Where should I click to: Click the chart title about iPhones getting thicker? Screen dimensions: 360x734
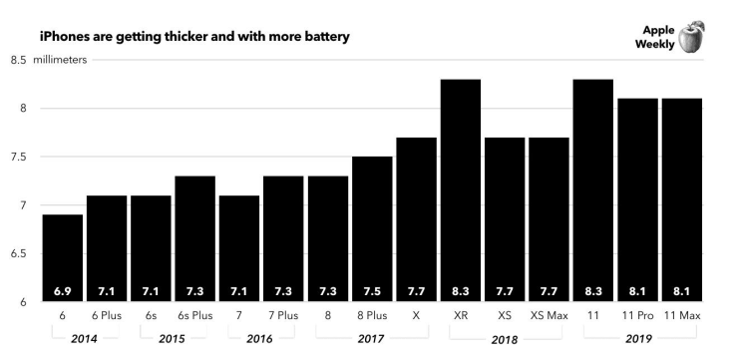tap(194, 36)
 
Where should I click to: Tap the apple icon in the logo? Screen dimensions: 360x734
tap(691, 38)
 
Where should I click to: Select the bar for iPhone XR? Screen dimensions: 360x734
tap(461, 189)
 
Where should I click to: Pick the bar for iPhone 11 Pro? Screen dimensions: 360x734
tap(636, 199)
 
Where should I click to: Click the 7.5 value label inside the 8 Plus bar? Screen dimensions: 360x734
tap(372, 292)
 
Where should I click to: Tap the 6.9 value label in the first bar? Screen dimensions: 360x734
tap(62, 292)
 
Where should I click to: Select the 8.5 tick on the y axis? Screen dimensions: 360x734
tap(18, 61)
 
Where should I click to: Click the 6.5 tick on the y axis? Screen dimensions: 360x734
tap(18, 254)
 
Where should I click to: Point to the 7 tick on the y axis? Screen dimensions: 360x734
tap(22, 205)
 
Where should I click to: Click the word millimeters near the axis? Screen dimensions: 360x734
tap(60, 61)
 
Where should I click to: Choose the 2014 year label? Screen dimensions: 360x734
tap(84, 339)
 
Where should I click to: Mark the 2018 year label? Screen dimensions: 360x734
tap(505, 340)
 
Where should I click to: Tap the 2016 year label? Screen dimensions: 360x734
tap(260, 339)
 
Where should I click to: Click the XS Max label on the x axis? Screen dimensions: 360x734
tap(549, 316)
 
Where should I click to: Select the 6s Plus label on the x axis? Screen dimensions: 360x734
tap(195, 316)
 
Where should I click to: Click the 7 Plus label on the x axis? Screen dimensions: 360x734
tap(283, 316)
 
